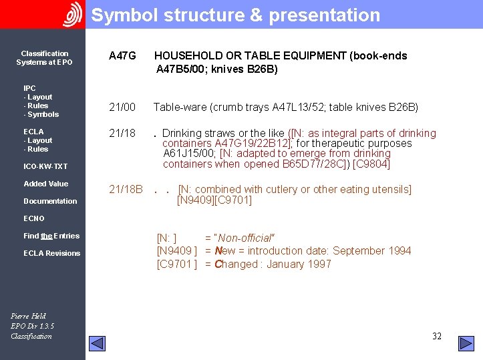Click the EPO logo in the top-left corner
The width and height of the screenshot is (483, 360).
pos(72,14)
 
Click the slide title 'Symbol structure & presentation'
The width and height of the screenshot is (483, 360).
pos(235,15)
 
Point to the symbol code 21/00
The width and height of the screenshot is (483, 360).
pos(122,107)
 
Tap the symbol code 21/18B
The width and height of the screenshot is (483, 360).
pos(126,190)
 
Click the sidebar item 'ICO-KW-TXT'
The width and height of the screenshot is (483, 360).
pos(45,166)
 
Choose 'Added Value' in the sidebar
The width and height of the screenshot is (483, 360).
pos(45,184)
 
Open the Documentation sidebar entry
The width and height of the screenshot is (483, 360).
pos(50,201)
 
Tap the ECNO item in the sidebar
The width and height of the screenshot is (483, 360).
pos(34,218)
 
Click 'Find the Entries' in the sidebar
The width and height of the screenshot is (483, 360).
pos(51,236)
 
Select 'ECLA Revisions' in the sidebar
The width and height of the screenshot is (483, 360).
pos(51,253)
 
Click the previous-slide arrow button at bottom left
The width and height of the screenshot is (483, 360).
pos(98,343)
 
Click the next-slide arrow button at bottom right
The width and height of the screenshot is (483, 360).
pos(466,343)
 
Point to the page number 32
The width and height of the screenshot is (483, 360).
pos(437,337)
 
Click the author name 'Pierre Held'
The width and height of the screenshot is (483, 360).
pos(29,316)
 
